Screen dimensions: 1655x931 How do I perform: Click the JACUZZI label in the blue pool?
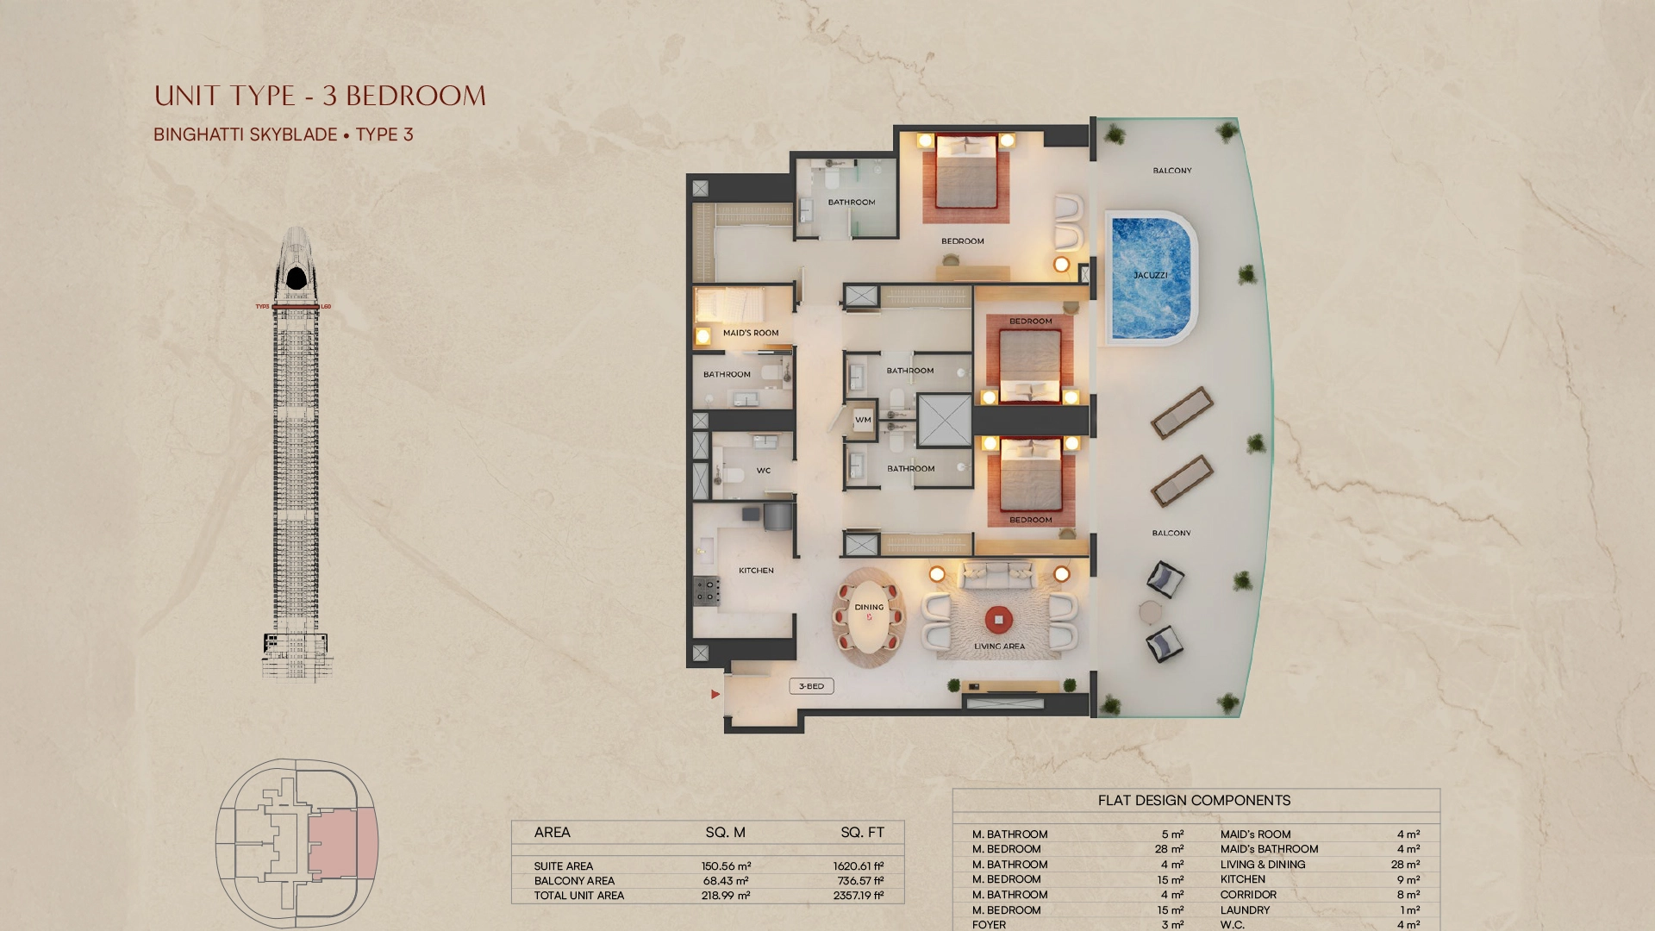pyautogui.click(x=1151, y=275)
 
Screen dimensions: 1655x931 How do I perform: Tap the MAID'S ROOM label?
pyautogui.click(x=751, y=333)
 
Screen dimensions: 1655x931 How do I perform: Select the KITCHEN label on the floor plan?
pyautogui.click(x=756, y=571)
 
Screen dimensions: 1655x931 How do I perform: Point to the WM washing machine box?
pyautogui.click(x=863, y=420)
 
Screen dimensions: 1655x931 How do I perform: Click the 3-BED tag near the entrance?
pyautogui.click(x=811, y=686)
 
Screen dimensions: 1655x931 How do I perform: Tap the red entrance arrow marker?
pyautogui.click(x=715, y=694)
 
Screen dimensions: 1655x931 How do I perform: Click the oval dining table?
pyautogui.click(x=869, y=617)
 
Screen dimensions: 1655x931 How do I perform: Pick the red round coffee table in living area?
pyautogui.click(x=999, y=619)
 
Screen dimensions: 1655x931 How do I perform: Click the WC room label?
pyautogui.click(x=764, y=471)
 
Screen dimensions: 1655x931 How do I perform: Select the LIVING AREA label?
pyautogui.click(x=1000, y=647)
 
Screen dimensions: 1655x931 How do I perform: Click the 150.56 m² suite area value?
pyautogui.click(x=727, y=866)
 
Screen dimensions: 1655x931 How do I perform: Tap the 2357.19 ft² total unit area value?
pyautogui.click(x=859, y=896)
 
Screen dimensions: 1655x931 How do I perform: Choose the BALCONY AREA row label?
pyautogui.click(x=574, y=881)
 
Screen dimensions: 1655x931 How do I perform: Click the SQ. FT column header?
pyautogui.click(x=863, y=833)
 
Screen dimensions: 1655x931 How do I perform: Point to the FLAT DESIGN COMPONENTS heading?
pyautogui.click(x=1195, y=801)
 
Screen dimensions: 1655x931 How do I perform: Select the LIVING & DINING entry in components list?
pyautogui.click(x=1263, y=865)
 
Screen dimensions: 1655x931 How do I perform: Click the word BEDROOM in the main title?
pyautogui.click(x=416, y=96)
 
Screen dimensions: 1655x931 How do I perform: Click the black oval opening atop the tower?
pyautogui.click(x=297, y=278)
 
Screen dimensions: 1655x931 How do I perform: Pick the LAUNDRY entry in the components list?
pyautogui.click(x=1246, y=910)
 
